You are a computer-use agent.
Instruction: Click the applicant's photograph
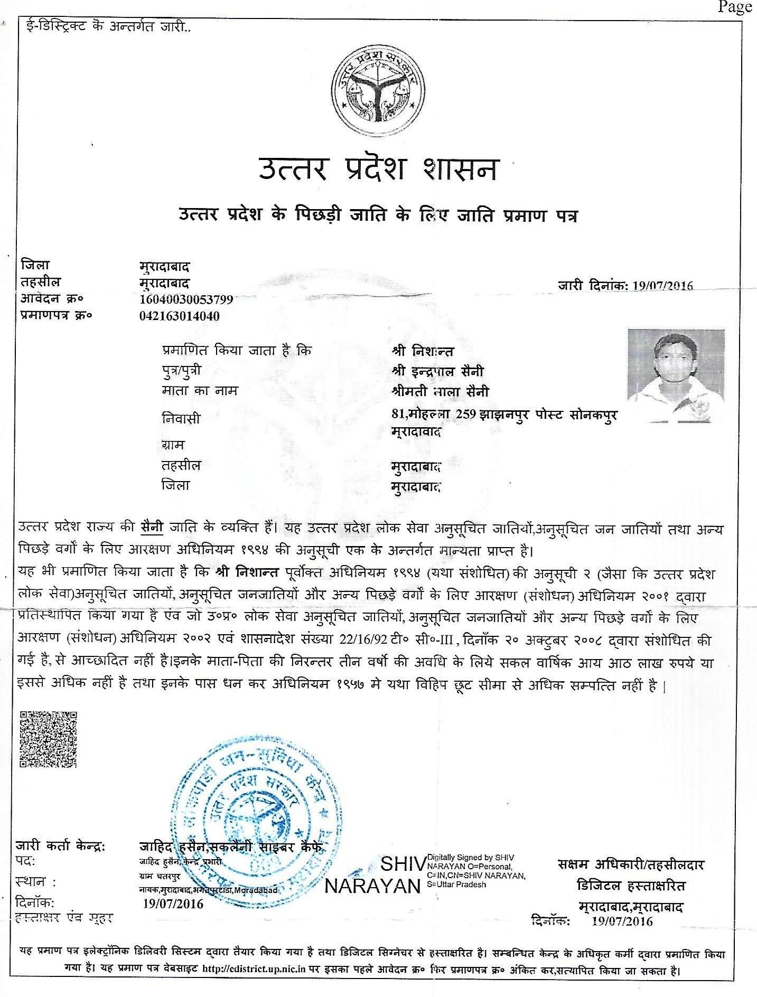[676, 375]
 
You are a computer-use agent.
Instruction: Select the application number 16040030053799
[184, 299]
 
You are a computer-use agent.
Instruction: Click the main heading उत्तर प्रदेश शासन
[378, 170]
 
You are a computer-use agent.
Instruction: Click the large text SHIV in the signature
[403, 864]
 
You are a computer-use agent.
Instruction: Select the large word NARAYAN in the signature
[372, 886]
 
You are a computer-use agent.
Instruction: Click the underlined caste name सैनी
[152, 526]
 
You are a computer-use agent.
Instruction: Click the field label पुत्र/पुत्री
[181, 371]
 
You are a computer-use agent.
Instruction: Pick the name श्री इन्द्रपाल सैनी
[438, 371]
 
